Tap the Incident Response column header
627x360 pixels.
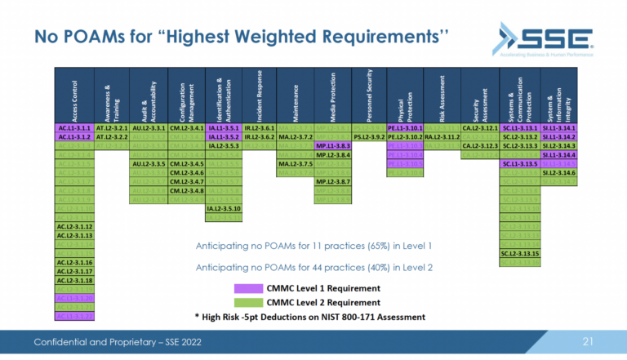(259, 94)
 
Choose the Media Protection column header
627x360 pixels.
(333, 94)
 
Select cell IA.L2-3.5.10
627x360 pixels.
(223, 208)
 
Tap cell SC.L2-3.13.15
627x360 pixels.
(520, 253)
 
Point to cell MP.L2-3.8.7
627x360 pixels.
(333, 181)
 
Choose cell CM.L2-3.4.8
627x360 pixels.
(185, 190)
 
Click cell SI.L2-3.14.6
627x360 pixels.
(558, 172)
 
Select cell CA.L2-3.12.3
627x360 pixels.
(481, 146)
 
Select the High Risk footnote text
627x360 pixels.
(309, 316)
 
